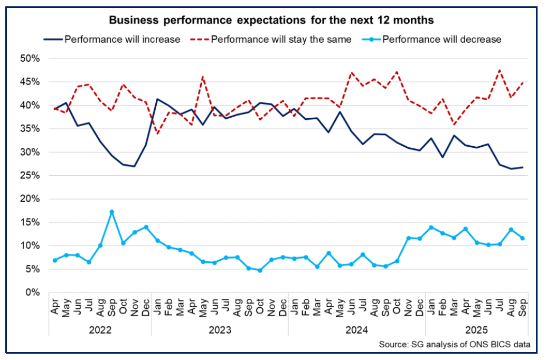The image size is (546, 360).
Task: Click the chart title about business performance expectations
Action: (x=271, y=21)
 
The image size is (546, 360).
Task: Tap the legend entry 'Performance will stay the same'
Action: (x=272, y=39)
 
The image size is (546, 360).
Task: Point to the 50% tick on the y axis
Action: (x=30, y=59)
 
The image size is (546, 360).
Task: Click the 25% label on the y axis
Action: (x=30, y=176)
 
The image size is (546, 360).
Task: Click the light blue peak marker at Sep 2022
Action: (x=111, y=212)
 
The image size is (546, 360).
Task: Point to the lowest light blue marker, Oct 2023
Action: (x=260, y=270)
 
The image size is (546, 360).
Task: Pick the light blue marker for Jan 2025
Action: (x=431, y=228)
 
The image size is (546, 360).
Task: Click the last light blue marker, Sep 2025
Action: (x=522, y=238)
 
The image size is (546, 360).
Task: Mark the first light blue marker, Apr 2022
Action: (x=54, y=260)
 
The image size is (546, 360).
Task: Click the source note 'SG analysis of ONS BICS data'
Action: (x=454, y=345)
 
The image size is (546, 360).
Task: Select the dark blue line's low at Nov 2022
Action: (x=134, y=166)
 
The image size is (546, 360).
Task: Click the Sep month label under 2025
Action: (x=522, y=307)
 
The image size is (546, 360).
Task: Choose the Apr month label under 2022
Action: (x=54, y=307)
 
